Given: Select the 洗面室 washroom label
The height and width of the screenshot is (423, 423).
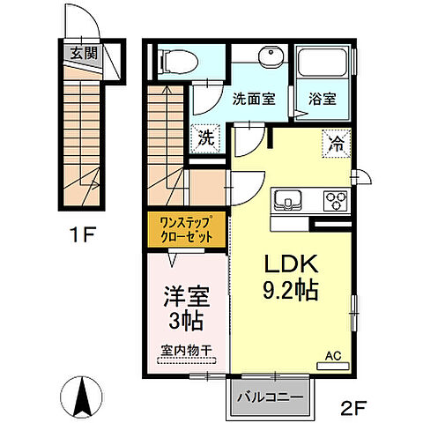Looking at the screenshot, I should [253, 100].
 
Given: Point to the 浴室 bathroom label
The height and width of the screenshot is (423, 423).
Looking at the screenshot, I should [322, 100].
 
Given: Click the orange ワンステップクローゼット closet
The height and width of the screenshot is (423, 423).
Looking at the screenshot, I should [186, 231].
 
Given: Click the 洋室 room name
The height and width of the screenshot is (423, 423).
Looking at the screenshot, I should [185, 294].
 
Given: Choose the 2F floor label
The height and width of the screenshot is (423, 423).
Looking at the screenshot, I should [355, 407].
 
